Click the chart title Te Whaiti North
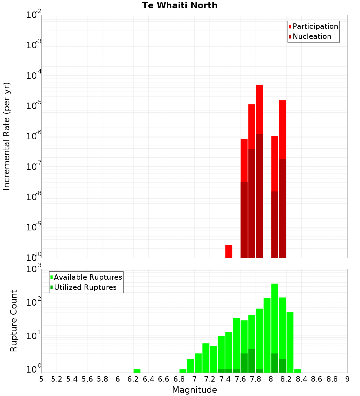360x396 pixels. [x=180, y=5]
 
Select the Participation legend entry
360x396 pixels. [x=313, y=26]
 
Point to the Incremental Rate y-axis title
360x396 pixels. [x=7, y=136]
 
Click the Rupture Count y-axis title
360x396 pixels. [x=14, y=320]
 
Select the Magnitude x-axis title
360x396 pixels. [x=194, y=390]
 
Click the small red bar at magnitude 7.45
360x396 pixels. [x=229, y=251]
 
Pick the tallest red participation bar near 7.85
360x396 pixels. [x=259, y=108]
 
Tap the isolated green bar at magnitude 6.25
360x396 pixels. [x=137, y=371]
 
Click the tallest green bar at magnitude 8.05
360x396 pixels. [x=275, y=324]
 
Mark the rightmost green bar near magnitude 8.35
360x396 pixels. [x=298, y=371]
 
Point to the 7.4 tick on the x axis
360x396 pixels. [x=225, y=379]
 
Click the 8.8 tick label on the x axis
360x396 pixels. [x=332, y=379]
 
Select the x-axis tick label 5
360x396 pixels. [x=41, y=379]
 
